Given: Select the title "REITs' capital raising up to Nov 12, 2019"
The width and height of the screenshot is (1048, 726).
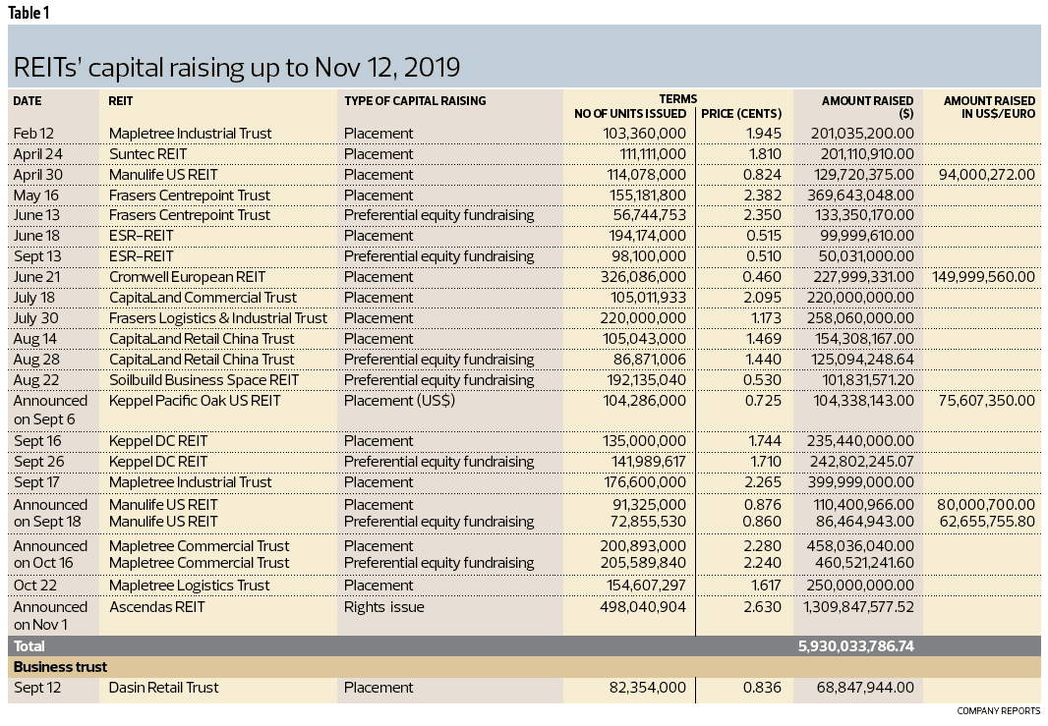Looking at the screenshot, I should [x=236, y=67].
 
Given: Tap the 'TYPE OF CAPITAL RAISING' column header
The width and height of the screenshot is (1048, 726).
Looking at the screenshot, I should [x=414, y=100].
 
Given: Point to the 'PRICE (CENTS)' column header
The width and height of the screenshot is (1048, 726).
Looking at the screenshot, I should [x=741, y=113].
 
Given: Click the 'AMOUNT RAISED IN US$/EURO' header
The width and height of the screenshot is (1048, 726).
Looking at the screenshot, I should [x=989, y=106].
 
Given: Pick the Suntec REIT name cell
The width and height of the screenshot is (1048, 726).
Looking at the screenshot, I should [x=147, y=154].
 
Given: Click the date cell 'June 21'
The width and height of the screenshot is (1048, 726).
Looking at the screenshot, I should [x=36, y=277].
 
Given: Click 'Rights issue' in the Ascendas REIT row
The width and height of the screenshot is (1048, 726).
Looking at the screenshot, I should [x=383, y=607].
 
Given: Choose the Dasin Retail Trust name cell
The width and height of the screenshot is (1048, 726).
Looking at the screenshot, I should [x=163, y=688].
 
